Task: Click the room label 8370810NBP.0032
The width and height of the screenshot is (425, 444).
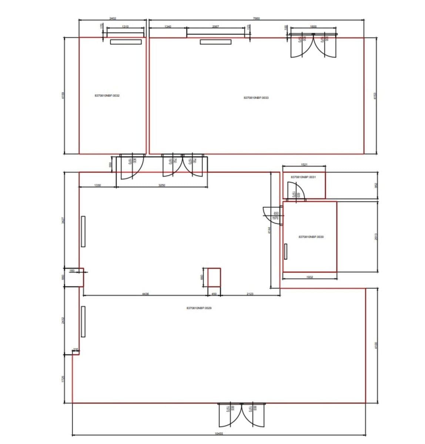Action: coord(107,95)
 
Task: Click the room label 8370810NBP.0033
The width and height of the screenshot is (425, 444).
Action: coord(256,98)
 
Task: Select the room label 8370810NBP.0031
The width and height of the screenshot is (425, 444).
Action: coord(304,177)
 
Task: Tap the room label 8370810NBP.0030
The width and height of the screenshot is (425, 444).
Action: coord(311,237)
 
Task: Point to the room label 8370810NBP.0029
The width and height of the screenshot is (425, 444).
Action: coord(199,308)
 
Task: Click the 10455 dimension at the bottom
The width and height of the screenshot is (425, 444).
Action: coord(219,433)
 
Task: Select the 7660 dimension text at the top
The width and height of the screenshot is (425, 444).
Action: coord(256,18)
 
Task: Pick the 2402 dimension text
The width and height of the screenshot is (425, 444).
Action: coord(113,18)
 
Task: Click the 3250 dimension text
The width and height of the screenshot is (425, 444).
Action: coord(162,185)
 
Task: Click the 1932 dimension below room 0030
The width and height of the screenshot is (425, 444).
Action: coord(310,276)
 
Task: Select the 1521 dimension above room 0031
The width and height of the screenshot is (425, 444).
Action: coord(304,164)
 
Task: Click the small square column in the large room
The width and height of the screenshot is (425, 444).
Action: coord(214,277)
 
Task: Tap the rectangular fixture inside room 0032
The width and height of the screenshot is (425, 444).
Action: coord(126,42)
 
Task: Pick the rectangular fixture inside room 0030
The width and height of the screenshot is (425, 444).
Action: coord(286,252)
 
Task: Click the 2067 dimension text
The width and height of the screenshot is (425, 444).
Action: coord(215,26)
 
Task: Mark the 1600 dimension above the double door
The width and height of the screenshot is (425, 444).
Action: coord(314,26)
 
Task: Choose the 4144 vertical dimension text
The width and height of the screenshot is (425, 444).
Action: coord(269,230)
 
